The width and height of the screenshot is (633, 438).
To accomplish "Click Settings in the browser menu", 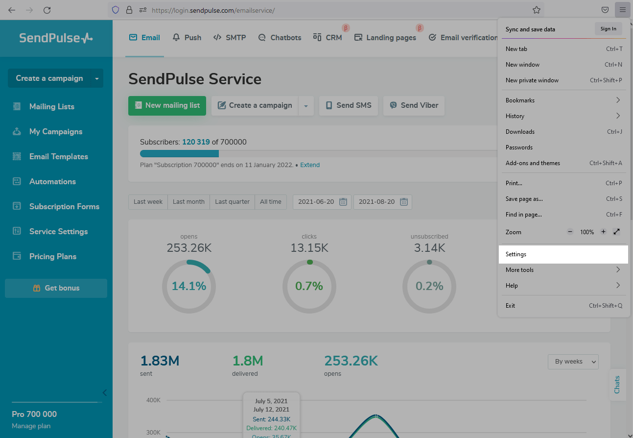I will (516, 254).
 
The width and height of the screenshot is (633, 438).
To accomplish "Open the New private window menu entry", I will (532, 80).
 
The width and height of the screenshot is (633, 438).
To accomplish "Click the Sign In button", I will (608, 29).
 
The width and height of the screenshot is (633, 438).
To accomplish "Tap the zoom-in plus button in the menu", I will (603, 232).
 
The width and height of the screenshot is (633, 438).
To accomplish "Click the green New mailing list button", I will (167, 105).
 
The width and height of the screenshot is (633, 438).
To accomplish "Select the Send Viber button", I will (414, 105).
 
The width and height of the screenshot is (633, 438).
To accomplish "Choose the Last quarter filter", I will (232, 202).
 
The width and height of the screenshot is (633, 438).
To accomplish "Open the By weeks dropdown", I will (573, 362).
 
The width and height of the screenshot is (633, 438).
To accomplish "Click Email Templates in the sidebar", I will (58, 157).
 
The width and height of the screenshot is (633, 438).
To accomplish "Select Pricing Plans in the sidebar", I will (52, 257).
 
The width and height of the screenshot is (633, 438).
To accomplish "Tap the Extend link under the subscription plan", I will (310, 165).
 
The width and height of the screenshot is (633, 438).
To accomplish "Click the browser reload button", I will (47, 10).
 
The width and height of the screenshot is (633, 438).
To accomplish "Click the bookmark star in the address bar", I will (537, 10).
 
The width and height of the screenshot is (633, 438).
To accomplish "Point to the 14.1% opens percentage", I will (188, 286).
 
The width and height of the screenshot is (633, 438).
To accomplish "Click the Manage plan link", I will (31, 426).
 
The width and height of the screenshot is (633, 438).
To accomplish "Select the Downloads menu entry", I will (520, 132).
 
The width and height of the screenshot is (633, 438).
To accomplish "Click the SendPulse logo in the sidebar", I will (56, 38).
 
